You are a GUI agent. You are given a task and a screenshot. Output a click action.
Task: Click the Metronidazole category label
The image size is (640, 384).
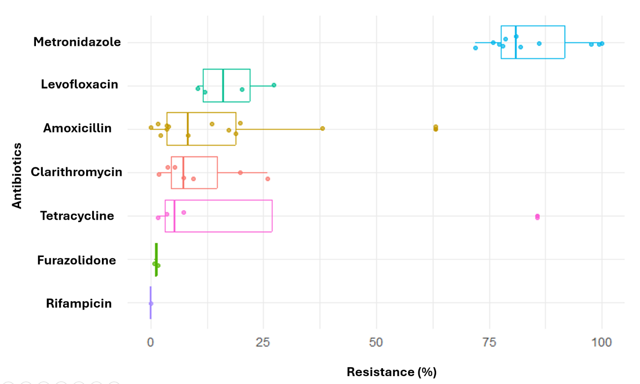point(77,42)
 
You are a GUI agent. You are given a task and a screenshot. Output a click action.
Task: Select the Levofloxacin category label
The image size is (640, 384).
point(79,85)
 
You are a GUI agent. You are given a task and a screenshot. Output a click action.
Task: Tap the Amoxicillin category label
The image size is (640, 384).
point(77,128)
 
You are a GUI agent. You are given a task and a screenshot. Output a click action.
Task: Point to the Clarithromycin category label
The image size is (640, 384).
point(76,172)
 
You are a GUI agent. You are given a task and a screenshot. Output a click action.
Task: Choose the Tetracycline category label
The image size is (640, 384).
point(77,216)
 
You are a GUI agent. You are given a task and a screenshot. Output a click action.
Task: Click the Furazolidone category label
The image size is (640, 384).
point(76,260)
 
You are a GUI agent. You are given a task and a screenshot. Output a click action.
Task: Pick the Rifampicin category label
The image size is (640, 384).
point(79,303)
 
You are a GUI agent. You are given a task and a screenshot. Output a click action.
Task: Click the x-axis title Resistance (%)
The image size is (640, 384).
point(391,372)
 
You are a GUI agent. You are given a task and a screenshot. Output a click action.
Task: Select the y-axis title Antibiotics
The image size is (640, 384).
point(17,176)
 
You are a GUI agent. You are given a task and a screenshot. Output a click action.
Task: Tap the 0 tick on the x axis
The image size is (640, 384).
point(151,343)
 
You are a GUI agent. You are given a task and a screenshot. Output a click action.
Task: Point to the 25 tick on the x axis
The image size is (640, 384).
point(263,343)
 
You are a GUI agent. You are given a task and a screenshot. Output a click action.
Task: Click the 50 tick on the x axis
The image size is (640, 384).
point(376,343)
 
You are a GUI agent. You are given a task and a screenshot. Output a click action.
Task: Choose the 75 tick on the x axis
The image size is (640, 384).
point(489,343)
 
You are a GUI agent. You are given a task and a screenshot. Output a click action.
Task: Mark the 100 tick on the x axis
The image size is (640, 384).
point(602,343)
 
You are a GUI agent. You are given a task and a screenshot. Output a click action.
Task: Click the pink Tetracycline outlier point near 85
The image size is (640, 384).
point(537,217)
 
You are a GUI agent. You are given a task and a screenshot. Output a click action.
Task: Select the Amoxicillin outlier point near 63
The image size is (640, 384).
point(435,128)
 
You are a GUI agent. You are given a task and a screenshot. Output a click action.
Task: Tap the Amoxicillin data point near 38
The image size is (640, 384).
point(322,128)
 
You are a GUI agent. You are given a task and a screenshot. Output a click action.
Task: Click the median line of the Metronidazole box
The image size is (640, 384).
point(515,42)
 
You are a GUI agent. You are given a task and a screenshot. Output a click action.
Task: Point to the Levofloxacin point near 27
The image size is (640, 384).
point(274,85)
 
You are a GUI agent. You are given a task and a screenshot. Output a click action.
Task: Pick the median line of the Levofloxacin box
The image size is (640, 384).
point(223,86)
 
